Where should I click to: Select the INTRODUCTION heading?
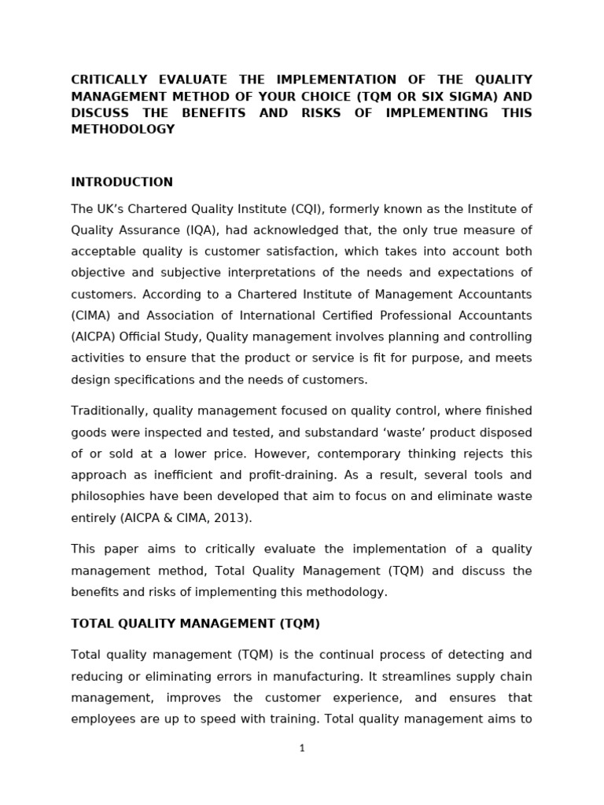tap(122, 182)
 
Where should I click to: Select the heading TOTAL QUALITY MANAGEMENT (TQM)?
tap(195, 623)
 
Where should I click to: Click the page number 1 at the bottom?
tap(302, 748)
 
